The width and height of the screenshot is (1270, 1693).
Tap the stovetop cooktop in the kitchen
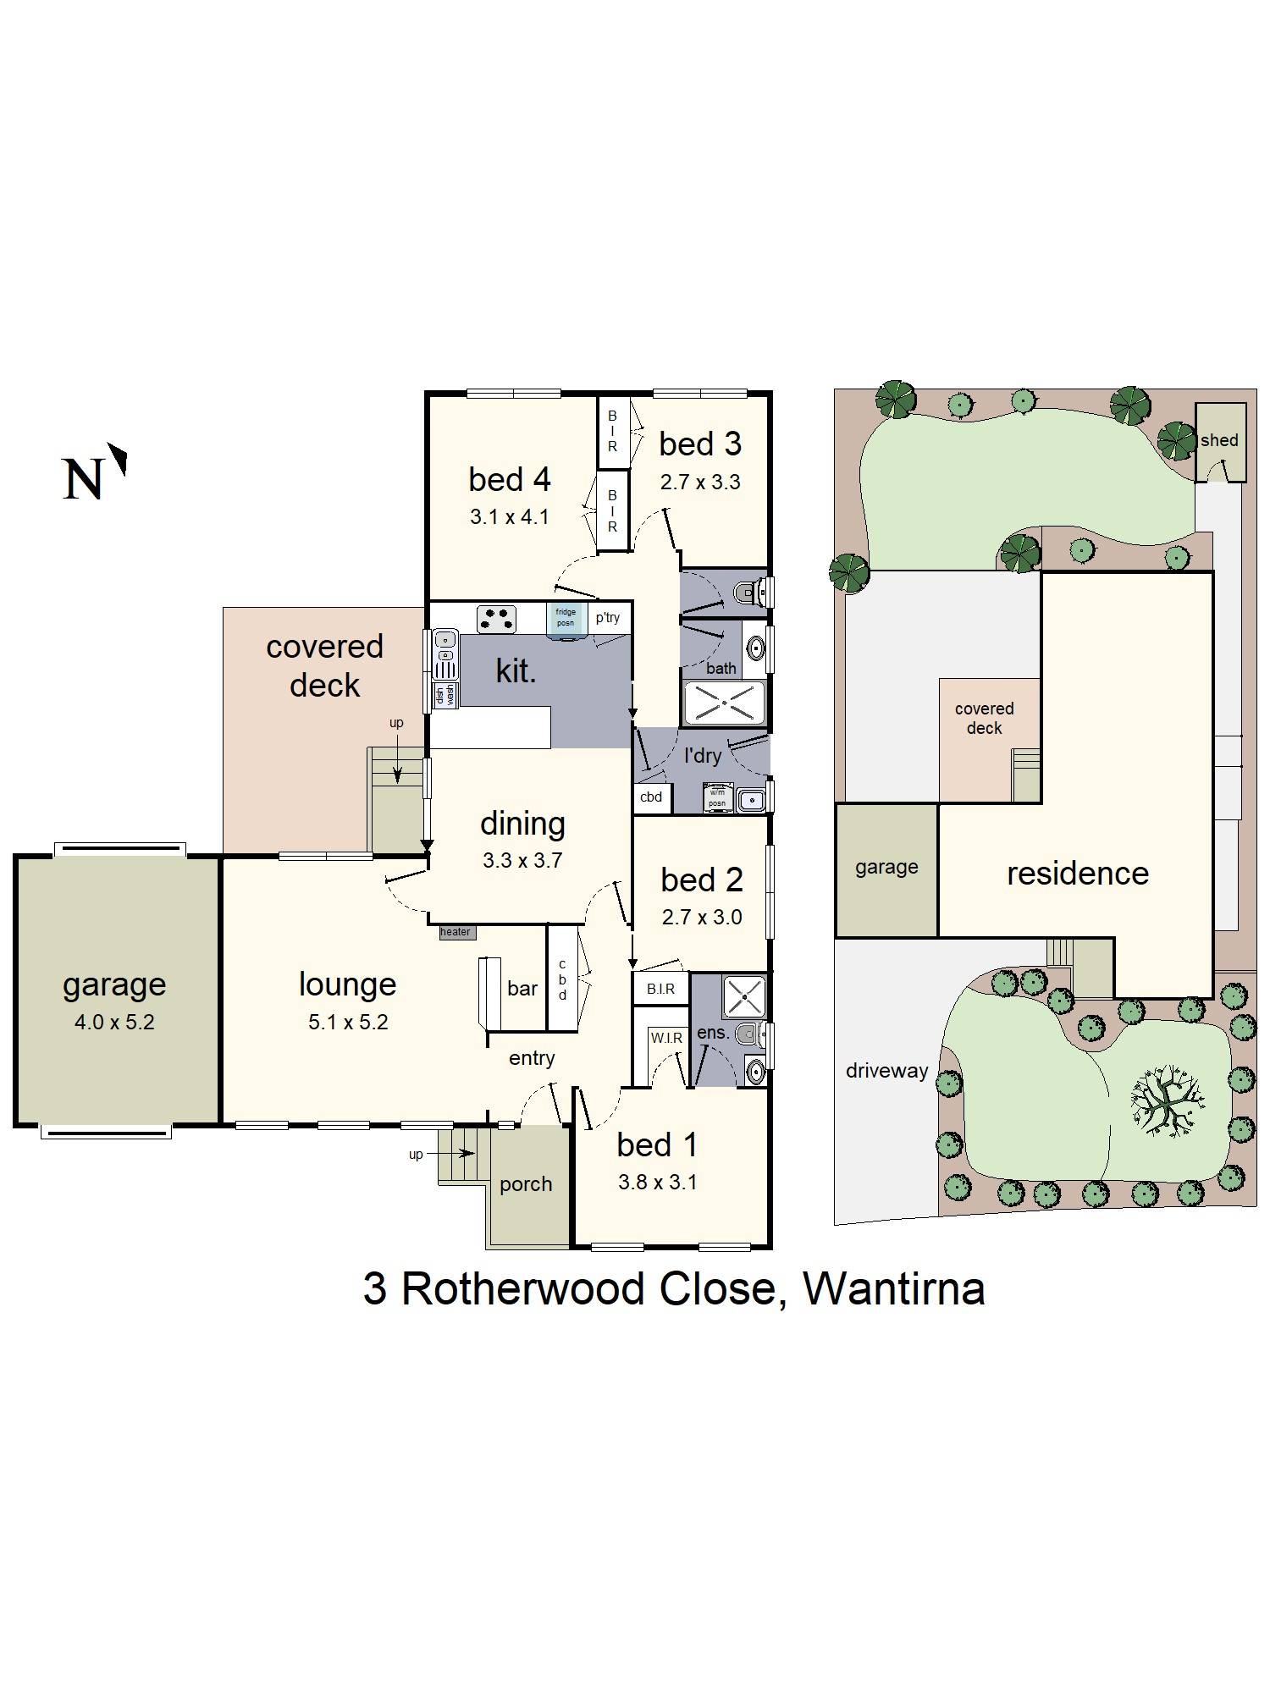click(x=497, y=619)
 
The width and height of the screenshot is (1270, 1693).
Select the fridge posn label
click(x=566, y=617)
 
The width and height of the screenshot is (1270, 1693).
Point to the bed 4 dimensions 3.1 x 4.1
click(x=510, y=516)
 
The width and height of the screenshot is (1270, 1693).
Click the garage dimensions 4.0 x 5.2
click(x=114, y=1022)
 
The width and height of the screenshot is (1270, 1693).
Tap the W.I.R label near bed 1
click(x=666, y=1038)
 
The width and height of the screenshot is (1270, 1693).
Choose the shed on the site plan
click(x=1219, y=440)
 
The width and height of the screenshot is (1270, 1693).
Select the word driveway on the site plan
click(x=886, y=1071)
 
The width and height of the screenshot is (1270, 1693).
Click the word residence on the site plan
click(x=1077, y=874)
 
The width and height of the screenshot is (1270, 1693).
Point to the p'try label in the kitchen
click(x=607, y=617)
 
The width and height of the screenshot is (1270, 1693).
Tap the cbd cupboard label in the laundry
click(x=651, y=797)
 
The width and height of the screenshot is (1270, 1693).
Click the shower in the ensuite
click(x=743, y=996)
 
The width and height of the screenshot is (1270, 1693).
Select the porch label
click(x=526, y=1184)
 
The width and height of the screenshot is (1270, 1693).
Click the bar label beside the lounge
click(x=522, y=988)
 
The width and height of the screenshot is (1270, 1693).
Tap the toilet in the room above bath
click(x=748, y=592)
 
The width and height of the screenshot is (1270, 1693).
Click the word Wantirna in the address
click(x=893, y=1289)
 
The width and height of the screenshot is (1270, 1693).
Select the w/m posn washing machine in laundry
click(x=717, y=797)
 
